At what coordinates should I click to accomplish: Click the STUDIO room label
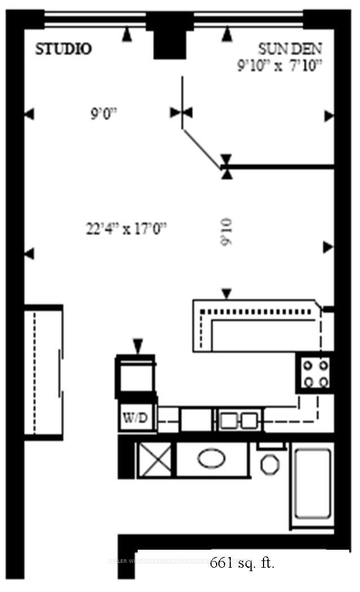64,50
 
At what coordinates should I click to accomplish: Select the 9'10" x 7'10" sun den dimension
279,65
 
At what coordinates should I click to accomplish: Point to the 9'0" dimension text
103,114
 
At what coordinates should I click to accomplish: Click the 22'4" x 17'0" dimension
125,229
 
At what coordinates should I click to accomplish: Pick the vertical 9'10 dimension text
226,231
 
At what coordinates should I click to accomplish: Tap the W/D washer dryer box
135,418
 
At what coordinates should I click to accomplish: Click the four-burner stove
315,373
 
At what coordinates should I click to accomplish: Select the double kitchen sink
239,419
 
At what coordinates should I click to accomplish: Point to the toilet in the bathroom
270,463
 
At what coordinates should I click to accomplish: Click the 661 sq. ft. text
242,563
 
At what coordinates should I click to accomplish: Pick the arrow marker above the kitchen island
226,293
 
